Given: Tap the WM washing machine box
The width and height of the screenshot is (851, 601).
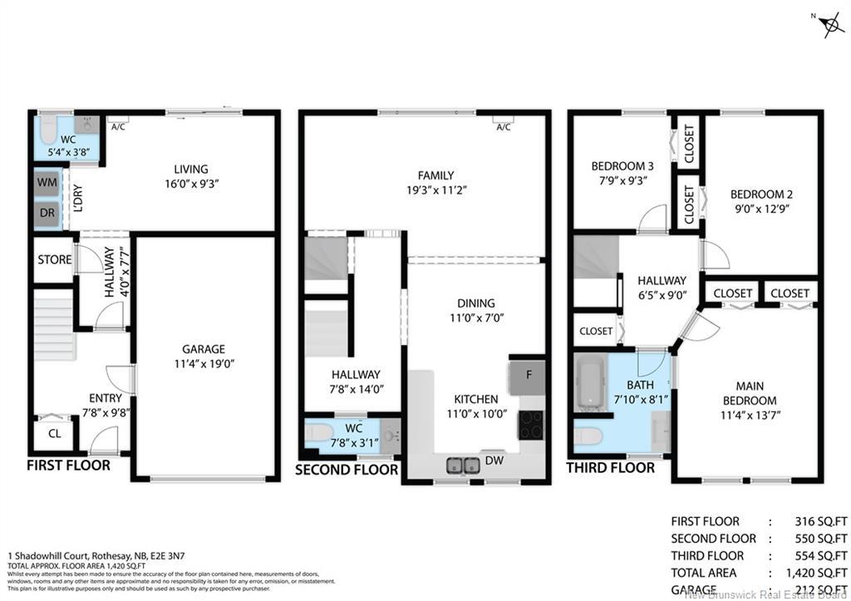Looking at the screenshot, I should [x=47, y=182].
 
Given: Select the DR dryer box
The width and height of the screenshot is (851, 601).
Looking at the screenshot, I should [x=47, y=212].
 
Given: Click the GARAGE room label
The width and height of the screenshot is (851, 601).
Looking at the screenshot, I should [x=204, y=349].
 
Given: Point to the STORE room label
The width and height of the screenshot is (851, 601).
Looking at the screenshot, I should [x=55, y=259].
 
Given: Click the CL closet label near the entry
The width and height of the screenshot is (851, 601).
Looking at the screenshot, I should [x=54, y=433].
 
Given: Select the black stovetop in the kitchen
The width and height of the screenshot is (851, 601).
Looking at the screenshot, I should [x=530, y=425].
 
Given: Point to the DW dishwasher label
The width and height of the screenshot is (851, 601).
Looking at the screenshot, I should [x=494, y=459].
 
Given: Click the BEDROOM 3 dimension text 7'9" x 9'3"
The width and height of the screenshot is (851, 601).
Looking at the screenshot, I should [x=619, y=180].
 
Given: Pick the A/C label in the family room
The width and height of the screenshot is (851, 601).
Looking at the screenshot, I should [x=502, y=127].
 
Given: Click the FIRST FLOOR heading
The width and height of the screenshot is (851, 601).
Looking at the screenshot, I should [x=68, y=466].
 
